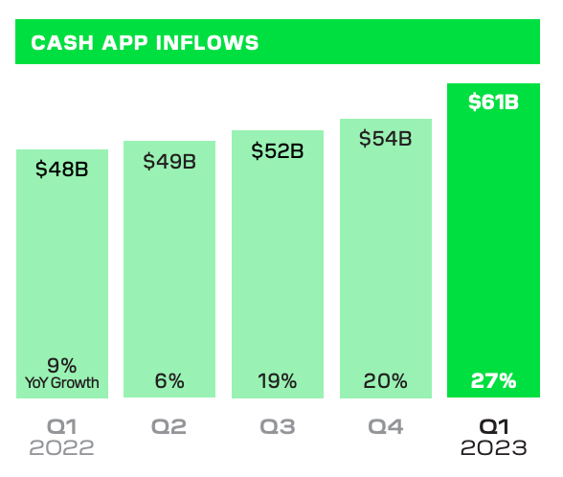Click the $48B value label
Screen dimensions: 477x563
[x=62, y=170]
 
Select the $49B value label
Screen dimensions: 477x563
[x=169, y=161]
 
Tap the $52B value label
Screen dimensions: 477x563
[x=278, y=150]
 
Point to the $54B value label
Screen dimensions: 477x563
[x=385, y=138]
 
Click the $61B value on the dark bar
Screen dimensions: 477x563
[x=493, y=102]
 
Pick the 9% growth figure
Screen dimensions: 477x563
[x=62, y=364]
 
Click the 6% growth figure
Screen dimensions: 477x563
[x=169, y=380]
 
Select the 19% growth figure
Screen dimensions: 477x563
[x=278, y=380]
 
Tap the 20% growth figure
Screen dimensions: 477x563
[x=385, y=380]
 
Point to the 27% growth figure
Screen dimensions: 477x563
[x=493, y=380]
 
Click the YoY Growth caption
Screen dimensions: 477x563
[x=62, y=383]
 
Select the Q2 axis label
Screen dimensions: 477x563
[x=169, y=427]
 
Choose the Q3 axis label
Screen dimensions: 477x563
[x=278, y=427]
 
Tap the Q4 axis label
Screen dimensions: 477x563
[x=385, y=427]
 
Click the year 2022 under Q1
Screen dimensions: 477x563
[x=62, y=447]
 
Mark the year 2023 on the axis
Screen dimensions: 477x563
[x=493, y=447]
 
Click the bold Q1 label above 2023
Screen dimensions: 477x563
[x=493, y=427]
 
